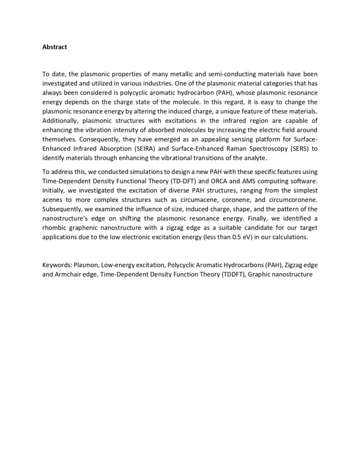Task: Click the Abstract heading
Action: tap(55, 46)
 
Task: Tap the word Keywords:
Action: tap(57, 264)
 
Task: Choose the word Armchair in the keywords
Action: tap(68, 273)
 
